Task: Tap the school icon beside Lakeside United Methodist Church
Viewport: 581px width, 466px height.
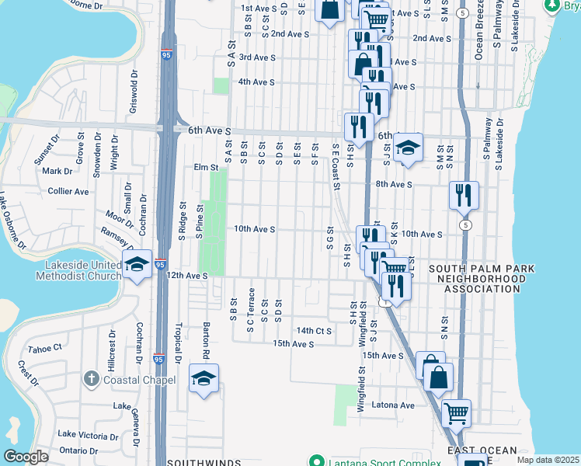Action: (x=137, y=266)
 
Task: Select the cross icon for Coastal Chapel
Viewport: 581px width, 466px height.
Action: (x=92, y=379)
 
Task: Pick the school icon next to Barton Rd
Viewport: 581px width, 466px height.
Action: (x=204, y=379)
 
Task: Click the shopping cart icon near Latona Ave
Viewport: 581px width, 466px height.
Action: (x=456, y=412)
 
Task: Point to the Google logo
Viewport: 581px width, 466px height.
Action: (x=26, y=457)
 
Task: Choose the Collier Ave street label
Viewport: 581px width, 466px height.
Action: (x=69, y=191)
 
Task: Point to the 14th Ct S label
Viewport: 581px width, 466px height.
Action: (x=314, y=331)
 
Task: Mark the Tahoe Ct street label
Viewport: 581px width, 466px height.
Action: (x=44, y=349)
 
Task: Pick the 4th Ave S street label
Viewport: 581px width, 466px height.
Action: (x=256, y=82)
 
